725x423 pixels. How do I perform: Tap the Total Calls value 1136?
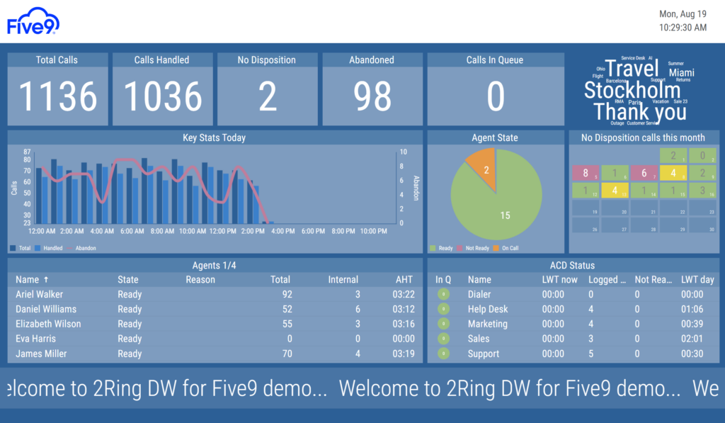tap(58, 96)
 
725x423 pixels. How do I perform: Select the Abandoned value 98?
tap(372, 96)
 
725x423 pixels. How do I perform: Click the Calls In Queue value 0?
tap(496, 96)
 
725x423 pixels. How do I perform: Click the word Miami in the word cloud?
tap(681, 73)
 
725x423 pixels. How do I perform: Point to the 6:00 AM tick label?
tap(132, 231)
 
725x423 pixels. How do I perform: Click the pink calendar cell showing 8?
tap(586, 173)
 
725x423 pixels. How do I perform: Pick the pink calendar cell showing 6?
tap(644, 173)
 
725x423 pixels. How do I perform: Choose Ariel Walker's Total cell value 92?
tap(286, 294)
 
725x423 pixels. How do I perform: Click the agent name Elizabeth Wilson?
tap(48, 324)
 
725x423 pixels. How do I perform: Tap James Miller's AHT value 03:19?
tap(403, 354)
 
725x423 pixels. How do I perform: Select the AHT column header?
tap(404, 279)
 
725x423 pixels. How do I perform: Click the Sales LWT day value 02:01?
tap(692, 339)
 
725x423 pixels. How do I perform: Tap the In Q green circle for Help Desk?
tap(443, 309)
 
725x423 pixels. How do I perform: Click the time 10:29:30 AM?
tap(683, 28)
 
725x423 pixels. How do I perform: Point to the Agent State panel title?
tap(495, 137)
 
